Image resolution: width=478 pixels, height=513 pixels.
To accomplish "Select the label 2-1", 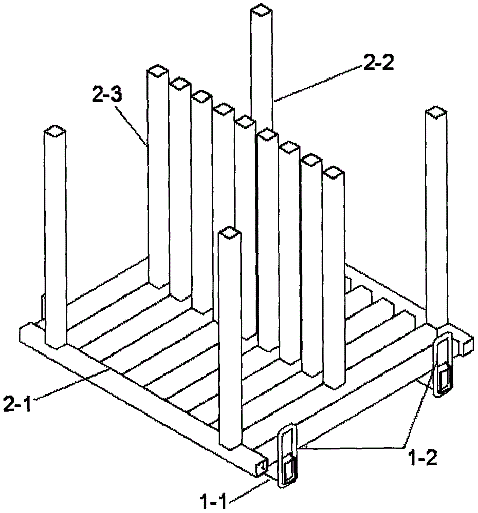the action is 17,403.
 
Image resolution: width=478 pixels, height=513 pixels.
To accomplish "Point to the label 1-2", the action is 423,458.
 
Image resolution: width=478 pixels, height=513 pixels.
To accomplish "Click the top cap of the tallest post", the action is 261,10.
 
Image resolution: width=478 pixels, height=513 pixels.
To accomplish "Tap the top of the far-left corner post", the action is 55,131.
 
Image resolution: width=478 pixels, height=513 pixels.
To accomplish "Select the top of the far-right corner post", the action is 436,112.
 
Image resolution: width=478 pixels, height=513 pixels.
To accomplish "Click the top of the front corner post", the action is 230,232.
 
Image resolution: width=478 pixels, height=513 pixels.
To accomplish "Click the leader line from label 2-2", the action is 318,84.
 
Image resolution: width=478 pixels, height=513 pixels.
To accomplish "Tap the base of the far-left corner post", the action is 56,344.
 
